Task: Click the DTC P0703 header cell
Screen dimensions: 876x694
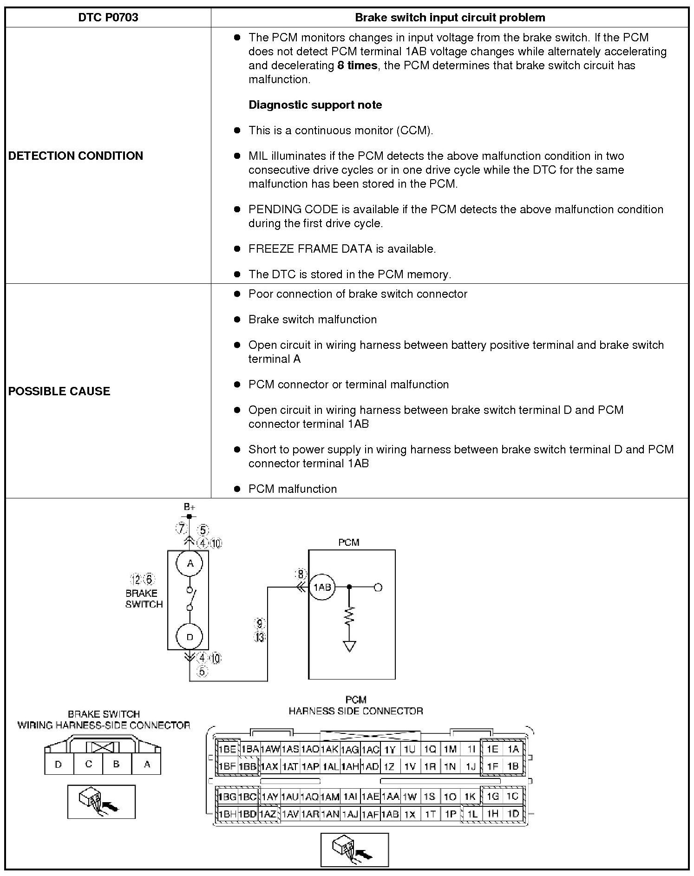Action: click(x=108, y=18)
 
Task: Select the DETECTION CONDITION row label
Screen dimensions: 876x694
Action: click(x=76, y=156)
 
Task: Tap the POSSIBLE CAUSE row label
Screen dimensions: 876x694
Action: click(x=59, y=391)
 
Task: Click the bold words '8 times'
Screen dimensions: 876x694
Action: click(x=357, y=65)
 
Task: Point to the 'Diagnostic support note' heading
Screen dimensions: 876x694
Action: click(x=315, y=105)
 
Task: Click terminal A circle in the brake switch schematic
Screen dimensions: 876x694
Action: click(x=190, y=563)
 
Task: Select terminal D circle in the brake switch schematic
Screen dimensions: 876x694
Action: click(x=190, y=637)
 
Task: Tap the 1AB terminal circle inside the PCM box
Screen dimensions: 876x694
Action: click(x=322, y=587)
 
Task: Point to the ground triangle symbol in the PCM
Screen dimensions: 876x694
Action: click(x=349, y=646)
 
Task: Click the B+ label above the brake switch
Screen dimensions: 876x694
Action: click(x=189, y=507)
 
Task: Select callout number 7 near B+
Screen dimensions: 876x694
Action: click(x=181, y=528)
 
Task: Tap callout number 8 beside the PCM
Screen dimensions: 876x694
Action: click(x=301, y=574)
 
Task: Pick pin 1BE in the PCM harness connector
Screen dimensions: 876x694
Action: click(x=227, y=749)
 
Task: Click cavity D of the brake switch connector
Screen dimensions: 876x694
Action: click(x=59, y=764)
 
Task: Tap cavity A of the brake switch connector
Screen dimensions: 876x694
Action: click(x=147, y=764)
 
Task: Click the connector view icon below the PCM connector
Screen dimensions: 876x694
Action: click(x=354, y=850)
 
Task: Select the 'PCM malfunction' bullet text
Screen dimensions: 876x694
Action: click(x=292, y=489)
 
